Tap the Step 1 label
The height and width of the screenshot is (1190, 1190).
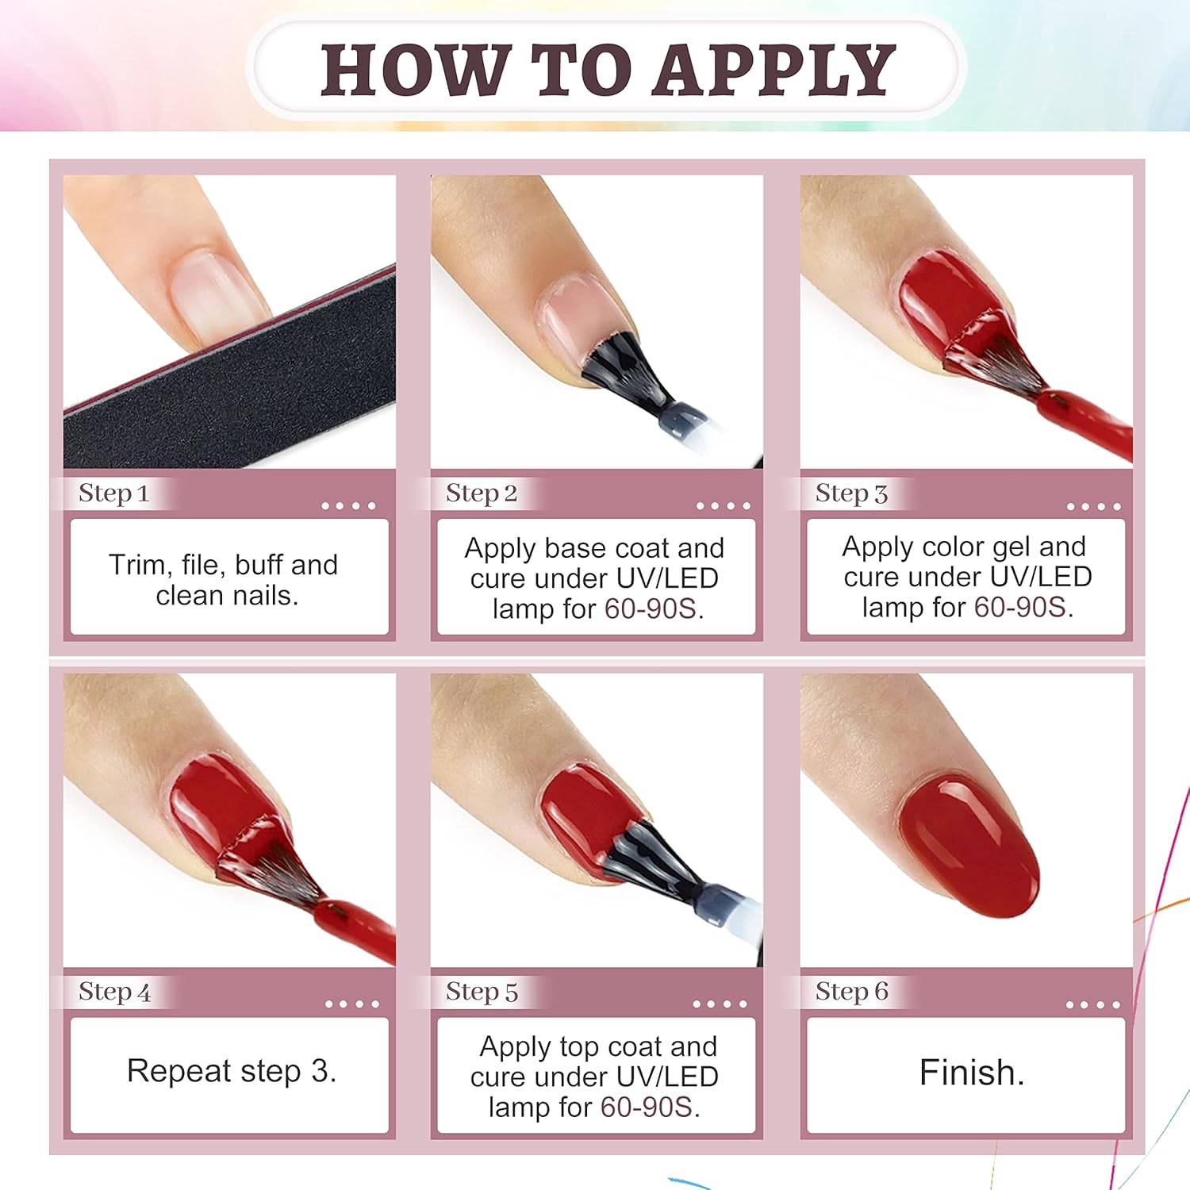point(113,493)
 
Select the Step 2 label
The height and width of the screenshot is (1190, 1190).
point(481,493)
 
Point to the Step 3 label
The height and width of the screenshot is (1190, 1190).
point(850,493)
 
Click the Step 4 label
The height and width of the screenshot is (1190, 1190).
point(114,992)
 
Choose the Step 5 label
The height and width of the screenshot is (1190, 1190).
point(481,992)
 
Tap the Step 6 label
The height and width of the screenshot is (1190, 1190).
point(851,992)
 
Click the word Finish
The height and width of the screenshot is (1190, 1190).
point(971,1073)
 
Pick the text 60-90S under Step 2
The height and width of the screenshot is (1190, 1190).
point(651,608)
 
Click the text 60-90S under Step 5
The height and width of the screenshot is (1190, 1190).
point(646,1107)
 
